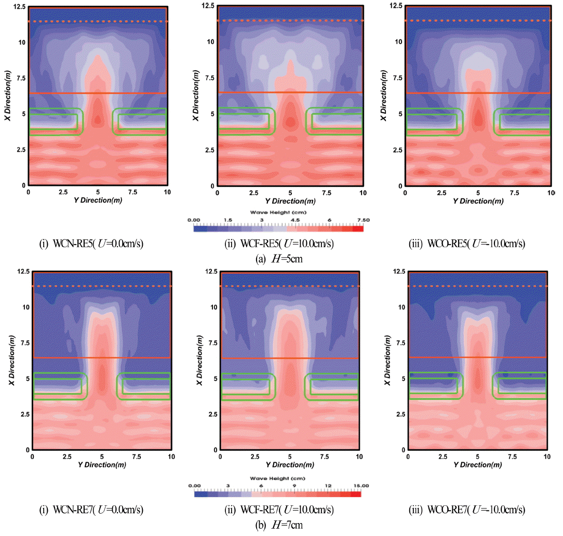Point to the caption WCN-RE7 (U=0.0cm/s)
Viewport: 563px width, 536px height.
pyautogui.click(x=99, y=509)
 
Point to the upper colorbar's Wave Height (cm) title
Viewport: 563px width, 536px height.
pyautogui.click(x=278, y=212)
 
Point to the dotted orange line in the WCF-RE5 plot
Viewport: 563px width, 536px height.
pyautogui.click(x=290, y=21)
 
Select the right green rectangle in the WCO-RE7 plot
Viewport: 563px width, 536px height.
pyautogui.click(x=521, y=386)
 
